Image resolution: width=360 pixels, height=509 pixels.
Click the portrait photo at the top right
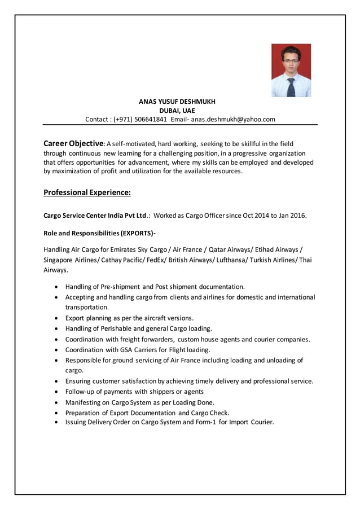(291, 71)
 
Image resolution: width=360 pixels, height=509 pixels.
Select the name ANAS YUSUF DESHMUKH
(177, 102)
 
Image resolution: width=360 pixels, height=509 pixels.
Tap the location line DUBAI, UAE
(177, 111)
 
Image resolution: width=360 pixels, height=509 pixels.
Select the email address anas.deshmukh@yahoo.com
(232, 120)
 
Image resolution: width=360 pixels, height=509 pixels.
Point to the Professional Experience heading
(87, 193)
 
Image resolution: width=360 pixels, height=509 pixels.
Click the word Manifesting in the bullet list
(85, 402)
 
